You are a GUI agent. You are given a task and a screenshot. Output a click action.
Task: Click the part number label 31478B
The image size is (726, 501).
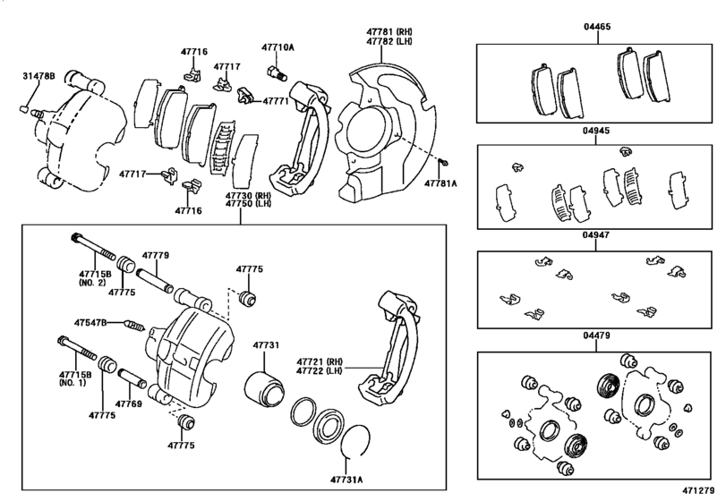(x=38, y=79)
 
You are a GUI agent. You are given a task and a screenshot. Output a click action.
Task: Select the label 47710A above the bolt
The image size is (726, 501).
(x=278, y=47)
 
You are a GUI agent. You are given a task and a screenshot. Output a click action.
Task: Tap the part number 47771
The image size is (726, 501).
(x=276, y=102)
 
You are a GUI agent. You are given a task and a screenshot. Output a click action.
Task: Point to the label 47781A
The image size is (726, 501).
(x=440, y=183)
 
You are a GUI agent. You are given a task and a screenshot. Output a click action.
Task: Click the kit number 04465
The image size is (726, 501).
(x=596, y=28)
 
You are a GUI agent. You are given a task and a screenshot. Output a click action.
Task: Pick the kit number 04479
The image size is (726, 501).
(x=596, y=337)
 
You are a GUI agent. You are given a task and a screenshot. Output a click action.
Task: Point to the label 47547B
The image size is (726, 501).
(x=90, y=321)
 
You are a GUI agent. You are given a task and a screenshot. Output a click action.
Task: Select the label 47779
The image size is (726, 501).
(x=155, y=256)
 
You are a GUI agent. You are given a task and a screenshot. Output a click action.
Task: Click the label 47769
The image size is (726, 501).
(x=130, y=404)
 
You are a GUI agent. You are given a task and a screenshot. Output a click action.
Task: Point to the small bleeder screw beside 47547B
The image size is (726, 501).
(x=132, y=323)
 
